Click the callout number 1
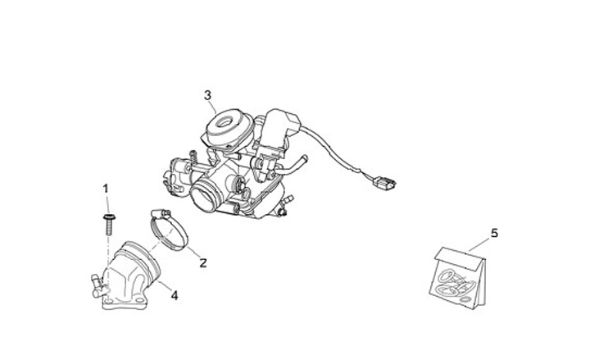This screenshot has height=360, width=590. point(106,189)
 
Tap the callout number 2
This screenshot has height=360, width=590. point(203,262)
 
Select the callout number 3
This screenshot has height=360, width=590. point(207,95)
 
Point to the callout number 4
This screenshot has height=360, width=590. point(175,295)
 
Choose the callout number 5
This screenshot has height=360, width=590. point(494,234)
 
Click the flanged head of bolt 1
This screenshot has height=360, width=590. point(109,217)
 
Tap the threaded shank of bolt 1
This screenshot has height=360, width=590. point(109,228)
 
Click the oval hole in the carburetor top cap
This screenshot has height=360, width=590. point(226,122)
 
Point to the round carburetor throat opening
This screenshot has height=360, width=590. point(205,194)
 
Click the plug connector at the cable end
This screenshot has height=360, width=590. point(383,185)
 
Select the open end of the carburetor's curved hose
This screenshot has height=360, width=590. point(305,158)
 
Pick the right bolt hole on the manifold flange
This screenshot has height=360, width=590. point(142,300)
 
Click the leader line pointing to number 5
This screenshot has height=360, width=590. point(479,244)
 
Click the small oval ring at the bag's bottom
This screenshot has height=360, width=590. point(465,299)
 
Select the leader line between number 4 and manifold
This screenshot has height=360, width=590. point(164,286)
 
